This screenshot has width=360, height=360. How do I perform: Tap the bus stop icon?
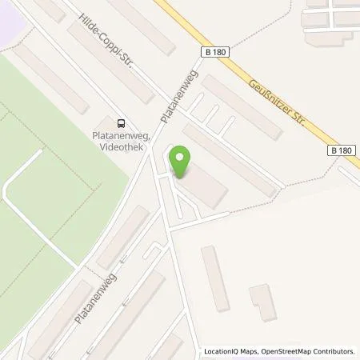click(120, 123)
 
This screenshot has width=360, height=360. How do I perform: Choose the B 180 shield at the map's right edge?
click(342, 150)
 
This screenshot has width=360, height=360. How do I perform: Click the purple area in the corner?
click(12, 12)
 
